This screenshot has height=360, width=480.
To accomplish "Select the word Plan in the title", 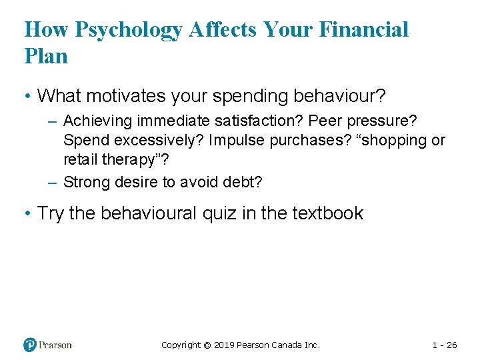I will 46,56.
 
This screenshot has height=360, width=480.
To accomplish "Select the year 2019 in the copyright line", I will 225,345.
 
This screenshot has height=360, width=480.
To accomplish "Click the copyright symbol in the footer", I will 207,345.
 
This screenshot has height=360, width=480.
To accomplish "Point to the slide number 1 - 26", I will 445,345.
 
